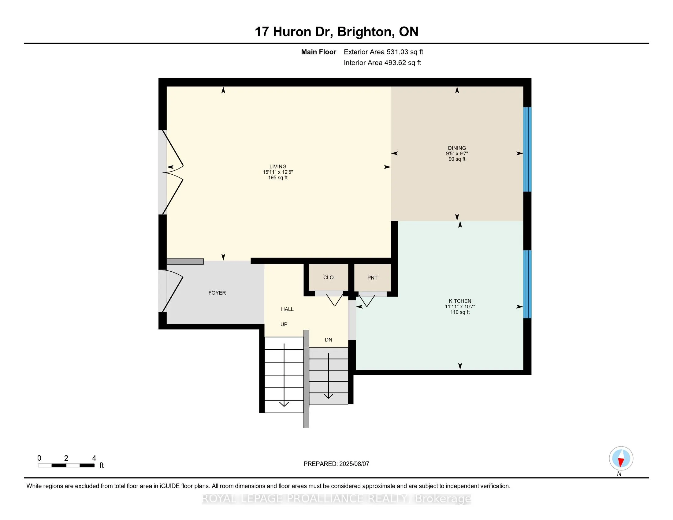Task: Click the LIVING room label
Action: [x=278, y=166]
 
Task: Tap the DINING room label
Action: [x=457, y=148]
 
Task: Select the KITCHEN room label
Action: [x=460, y=301]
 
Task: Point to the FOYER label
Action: [x=217, y=293]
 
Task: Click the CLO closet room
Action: [x=329, y=277]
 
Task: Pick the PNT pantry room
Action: [x=373, y=277]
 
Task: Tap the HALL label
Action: [x=287, y=309]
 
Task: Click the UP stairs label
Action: [x=284, y=324]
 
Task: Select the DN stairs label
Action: [x=329, y=340]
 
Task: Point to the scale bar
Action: [x=66, y=465]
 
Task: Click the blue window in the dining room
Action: [x=528, y=149]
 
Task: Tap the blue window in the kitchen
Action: [x=528, y=284]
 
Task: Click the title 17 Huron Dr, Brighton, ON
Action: [x=336, y=32]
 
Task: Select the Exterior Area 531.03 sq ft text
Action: [x=383, y=52]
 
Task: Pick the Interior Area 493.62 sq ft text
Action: [x=382, y=63]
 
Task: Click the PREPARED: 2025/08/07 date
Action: [x=336, y=464]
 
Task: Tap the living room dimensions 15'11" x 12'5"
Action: [x=278, y=172]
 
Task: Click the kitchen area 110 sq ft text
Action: [x=460, y=312]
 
